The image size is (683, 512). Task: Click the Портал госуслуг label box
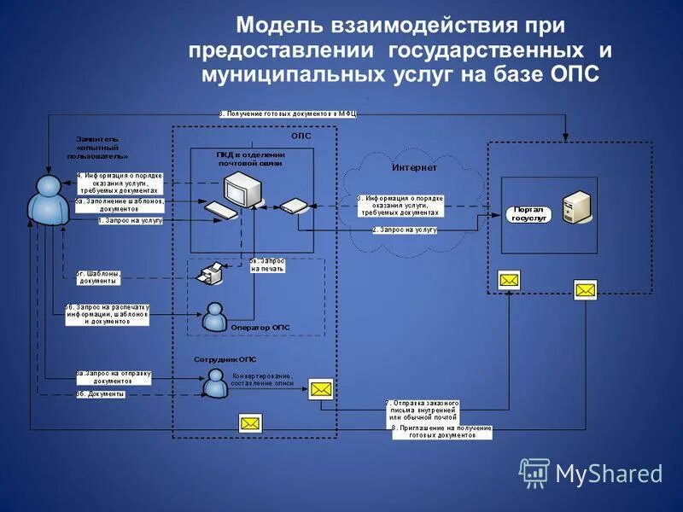527,213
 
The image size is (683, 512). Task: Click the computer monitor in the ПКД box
240,186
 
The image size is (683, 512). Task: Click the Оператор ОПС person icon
213,317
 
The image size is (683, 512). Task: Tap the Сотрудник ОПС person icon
213,382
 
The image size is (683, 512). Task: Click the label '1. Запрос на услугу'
130,221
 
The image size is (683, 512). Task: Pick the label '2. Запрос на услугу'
405,230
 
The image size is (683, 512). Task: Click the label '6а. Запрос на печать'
267,264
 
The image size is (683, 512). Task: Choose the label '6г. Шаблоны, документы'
103,276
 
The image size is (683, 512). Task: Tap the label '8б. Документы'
101,394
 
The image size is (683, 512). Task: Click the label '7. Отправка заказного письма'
422,410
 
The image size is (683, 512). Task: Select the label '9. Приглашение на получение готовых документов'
441,431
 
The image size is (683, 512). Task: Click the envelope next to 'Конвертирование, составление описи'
321,389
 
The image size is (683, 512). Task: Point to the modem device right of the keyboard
293,206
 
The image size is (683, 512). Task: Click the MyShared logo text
609,474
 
